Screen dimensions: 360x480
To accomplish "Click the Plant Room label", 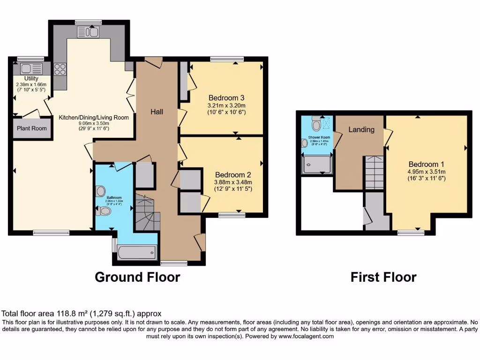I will pyautogui.click(x=31, y=128).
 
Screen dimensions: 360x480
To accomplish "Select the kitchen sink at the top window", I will pyautogui.click(x=88, y=32).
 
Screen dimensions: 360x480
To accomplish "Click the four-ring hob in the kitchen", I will pyautogui.click(x=60, y=69).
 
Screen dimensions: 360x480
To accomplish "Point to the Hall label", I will pyautogui.click(x=157, y=112).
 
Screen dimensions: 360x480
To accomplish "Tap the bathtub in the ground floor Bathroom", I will pyautogui.click(x=136, y=253).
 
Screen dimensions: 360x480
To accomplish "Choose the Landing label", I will pyautogui.click(x=361, y=129).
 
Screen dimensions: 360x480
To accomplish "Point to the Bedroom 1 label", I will pyautogui.click(x=426, y=164).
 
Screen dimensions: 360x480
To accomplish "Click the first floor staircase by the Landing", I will pyautogui.click(x=374, y=172).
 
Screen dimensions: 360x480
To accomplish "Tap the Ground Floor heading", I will pyautogui.click(x=137, y=277).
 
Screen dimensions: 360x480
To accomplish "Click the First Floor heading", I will pyautogui.click(x=383, y=277).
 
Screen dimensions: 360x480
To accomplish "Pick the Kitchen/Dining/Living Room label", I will pyautogui.click(x=94, y=118).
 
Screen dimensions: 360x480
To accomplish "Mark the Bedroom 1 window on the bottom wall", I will pyautogui.click(x=411, y=232).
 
